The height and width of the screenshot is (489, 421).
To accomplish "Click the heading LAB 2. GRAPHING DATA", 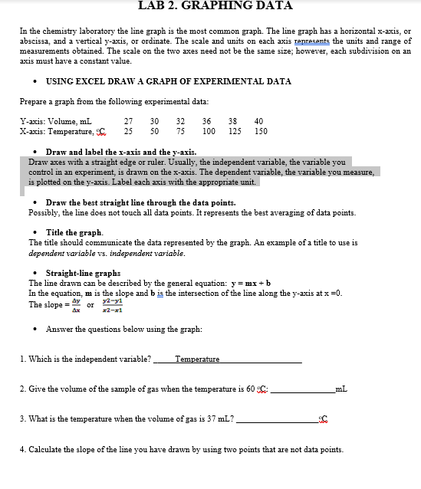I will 215,5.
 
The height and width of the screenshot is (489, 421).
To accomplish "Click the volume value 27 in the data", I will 129,121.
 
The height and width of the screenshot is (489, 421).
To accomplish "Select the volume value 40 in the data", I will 258,121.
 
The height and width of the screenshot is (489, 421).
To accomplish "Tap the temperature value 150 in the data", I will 261,131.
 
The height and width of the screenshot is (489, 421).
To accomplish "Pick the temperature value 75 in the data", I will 181,131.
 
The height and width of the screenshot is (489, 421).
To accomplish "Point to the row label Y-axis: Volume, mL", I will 55,121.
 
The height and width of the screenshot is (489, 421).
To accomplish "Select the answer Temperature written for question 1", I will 197,359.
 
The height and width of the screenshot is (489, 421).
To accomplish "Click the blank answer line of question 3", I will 275,420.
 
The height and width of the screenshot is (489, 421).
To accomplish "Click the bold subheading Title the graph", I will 74,232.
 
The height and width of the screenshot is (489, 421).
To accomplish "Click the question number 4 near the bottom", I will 21,449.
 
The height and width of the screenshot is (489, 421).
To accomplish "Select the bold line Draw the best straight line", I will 125,202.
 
